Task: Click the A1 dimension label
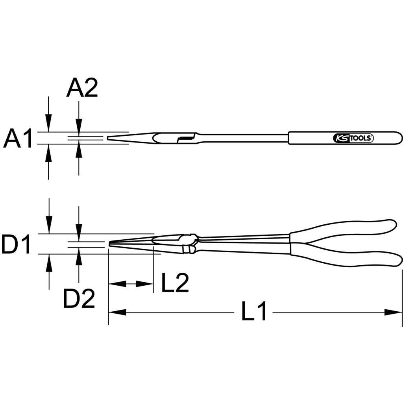[x=17, y=139]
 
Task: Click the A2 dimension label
[x=82, y=88]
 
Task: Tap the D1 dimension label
[x=16, y=244]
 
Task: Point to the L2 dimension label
[x=175, y=283]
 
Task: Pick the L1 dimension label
[x=254, y=311]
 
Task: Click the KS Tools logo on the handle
[x=353, y=138]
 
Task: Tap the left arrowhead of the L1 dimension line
[x=117, y=312]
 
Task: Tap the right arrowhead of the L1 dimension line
[x=393, y=312]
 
